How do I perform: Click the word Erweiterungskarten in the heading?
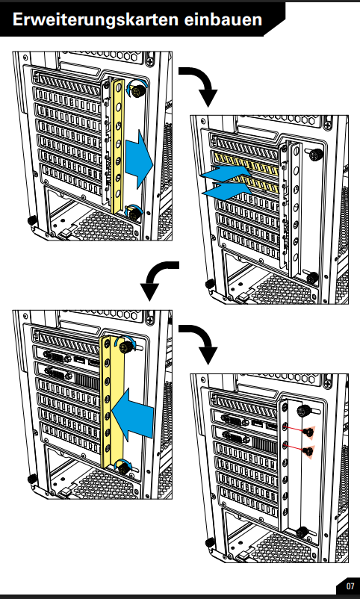coord(96,19)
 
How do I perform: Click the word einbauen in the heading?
coord(223,19)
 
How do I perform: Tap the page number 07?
coord(350,586)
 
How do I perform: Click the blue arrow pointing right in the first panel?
coord(139,159)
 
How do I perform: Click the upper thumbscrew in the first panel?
coord(137,90)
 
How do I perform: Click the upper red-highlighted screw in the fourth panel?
coord(308,432)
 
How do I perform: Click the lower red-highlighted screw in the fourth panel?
coord(308,451)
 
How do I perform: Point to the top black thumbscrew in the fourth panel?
coord(303,411)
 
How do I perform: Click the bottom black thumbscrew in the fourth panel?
coord(302,531)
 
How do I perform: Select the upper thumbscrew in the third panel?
coord(125,347)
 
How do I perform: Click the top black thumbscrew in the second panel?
coord(315,155)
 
